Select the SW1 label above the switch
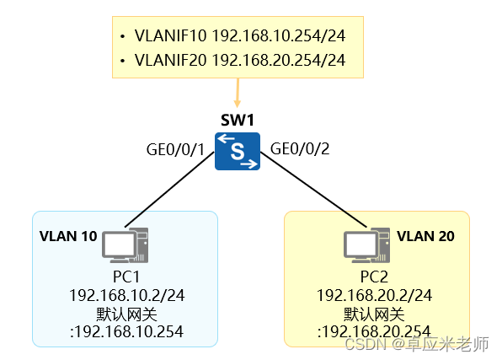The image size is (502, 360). pyautogui.click(x=237, y=121)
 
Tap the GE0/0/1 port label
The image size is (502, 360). pyautogui.click(x=176, y=149)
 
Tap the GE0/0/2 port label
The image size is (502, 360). pyautogui.click(x=299, y=149)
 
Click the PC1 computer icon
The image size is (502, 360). pyautogui.click(x=125, y=246)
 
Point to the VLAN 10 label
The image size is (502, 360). pyautogui.click(x=67, y=236)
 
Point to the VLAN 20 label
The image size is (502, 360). pyautogui.click(x=425, y=236)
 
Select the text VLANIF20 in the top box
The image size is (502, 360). pyautogui.click(x=171, y=60)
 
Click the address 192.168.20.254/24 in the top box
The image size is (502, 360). pyautogui.click(x=279, y=60)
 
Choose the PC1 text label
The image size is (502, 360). pyautogui.click(x=125, y=277)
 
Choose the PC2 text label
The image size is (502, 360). pyautogui.click(x=374, y=277)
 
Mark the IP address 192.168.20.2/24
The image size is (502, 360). pyautogui.click(x=374, y=295)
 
